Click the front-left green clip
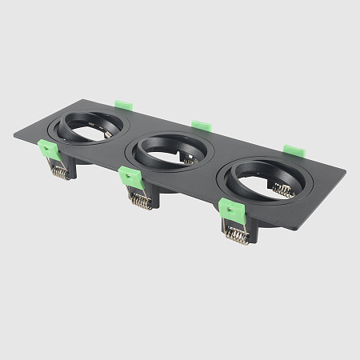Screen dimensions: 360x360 pos(49,150)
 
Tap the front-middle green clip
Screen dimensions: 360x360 pos(130,177)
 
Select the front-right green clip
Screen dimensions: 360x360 pos(231,210)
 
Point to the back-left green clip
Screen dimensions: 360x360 pos(123,105)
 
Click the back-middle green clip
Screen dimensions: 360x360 pos(202,126)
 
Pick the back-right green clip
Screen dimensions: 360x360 pos(294,150)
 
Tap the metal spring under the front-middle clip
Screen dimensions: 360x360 pos(141,201)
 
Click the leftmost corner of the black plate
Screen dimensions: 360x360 pos(14,134)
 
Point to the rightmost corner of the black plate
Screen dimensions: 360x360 pos(346,171)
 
